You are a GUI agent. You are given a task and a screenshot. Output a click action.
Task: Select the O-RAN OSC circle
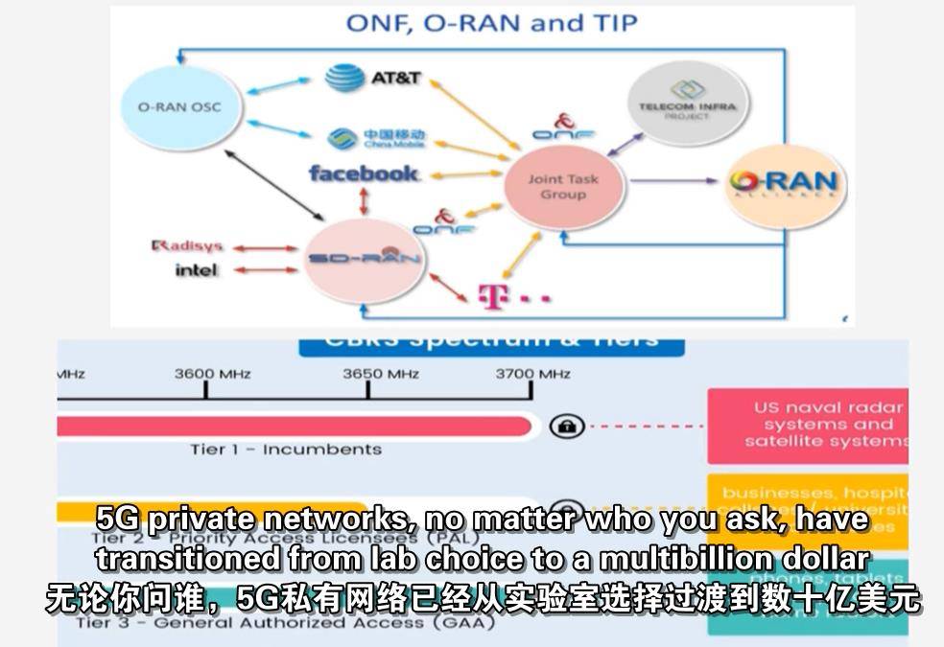click(178, 106)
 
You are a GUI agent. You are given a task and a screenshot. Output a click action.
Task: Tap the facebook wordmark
click(364, 173)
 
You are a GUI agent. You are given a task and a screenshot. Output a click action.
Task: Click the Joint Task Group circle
click(563, 187)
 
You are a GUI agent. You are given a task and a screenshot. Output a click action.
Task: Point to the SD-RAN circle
click(364, 260)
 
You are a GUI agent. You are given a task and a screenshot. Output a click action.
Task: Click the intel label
click(196, 270)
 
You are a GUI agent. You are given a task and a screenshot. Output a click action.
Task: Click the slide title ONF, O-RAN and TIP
click(491, 23)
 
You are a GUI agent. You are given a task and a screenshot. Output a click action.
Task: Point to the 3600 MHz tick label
click(212, 374)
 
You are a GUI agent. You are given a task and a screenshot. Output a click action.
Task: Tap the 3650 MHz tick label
click(381, 374)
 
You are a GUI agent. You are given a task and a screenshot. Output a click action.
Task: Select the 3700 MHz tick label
click(532, 374)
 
